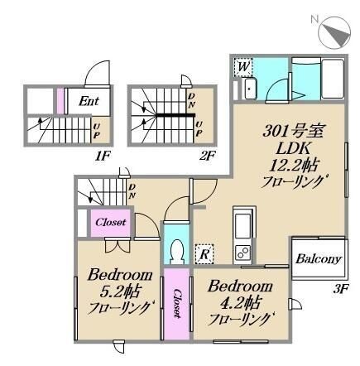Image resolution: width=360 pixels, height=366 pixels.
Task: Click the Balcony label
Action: [319, 259]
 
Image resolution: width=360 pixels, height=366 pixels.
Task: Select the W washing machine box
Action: [243, 67]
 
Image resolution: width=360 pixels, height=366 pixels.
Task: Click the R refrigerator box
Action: [204, 254]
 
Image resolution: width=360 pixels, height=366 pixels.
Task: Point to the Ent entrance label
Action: [89, 101]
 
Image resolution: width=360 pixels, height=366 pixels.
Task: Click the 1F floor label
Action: [102, 157]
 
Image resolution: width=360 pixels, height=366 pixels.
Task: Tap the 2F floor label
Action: [207, 157]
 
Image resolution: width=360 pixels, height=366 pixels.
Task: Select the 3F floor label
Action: [341, 289]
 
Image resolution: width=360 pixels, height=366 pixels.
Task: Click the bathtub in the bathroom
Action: [333, 78]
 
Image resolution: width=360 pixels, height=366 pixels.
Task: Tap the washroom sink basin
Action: [250, 89]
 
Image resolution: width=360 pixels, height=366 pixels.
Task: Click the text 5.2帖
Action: [120, 291]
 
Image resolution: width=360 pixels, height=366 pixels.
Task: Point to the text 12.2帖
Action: [293, 166]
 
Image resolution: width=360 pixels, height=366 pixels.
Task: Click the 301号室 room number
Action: [293, 131]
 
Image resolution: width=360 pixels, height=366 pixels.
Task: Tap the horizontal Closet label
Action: [111, 222]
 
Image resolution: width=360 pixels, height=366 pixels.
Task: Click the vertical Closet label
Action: [177, 304]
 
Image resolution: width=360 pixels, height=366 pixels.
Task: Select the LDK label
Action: [293, 148]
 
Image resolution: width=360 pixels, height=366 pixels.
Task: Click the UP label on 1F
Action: [96, 132]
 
